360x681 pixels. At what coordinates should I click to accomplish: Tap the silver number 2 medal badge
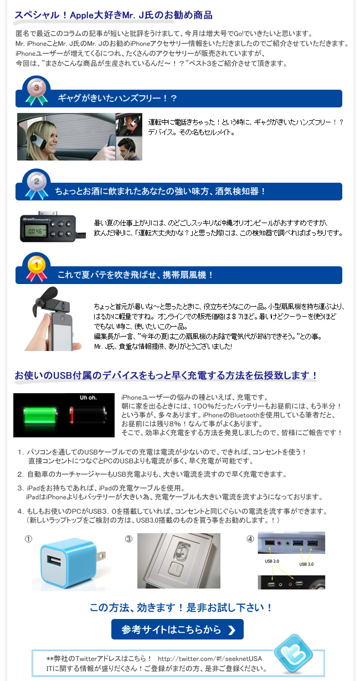click(37, 184)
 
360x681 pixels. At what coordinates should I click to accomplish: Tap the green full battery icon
click(40, 415)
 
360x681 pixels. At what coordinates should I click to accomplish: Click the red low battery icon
click(88, 415)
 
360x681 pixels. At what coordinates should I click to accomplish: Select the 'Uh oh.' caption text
click(88, 398)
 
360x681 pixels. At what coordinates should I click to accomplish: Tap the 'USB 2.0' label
click(272, 561)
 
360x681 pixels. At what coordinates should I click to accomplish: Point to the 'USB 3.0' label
click(306, 564)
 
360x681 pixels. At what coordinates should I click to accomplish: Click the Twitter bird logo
click(293, 653)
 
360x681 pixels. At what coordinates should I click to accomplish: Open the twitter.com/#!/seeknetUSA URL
click(210, 658)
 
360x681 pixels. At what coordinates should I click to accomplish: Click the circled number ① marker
click(28, 539)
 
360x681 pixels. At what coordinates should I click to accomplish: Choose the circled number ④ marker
click(250, 539)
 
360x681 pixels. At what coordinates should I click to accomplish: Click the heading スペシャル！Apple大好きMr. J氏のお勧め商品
click(114, 15)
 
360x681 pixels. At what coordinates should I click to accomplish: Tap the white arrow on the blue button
click(232, 630)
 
